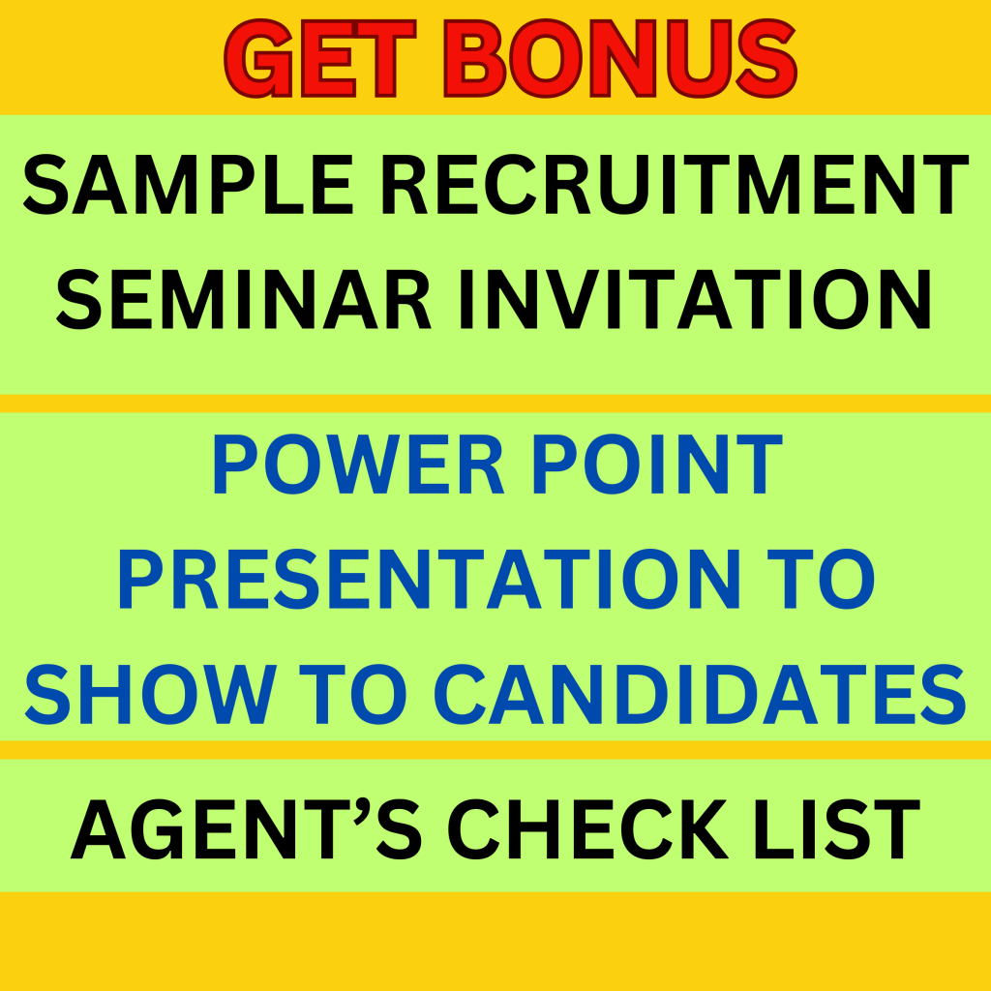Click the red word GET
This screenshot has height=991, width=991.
click(320, 58)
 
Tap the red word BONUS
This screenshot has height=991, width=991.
click(620, 58)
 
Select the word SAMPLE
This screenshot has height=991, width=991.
click(188, 185)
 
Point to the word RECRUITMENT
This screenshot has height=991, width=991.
click(675, 185)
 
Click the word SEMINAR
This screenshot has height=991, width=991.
click(243, 300)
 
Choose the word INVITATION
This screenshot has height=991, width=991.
click(695, 300)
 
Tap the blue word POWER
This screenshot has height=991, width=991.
click(358, 465)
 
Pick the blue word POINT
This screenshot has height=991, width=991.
click(658, 465)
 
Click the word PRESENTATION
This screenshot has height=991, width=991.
click(429, 579)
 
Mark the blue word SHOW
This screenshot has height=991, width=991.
click(150, 694)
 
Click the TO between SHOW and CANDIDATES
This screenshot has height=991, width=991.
click(352, 694)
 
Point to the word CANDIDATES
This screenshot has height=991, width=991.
click(701, 694)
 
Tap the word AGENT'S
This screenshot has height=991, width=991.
click(246, 828)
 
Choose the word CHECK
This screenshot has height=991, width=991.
click(587, 828)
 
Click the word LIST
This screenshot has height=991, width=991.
click(837, 828)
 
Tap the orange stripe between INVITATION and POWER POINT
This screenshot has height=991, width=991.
click(495, 404)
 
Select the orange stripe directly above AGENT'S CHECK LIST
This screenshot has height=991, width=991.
click(495, 750)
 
